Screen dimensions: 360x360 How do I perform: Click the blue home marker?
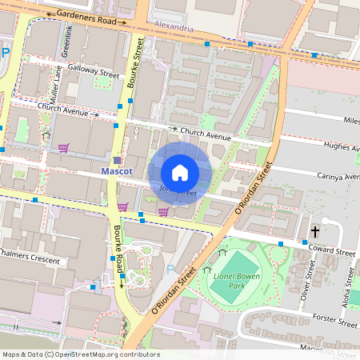180,173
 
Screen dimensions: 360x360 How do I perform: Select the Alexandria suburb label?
174,28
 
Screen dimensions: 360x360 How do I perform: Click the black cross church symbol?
315,232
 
